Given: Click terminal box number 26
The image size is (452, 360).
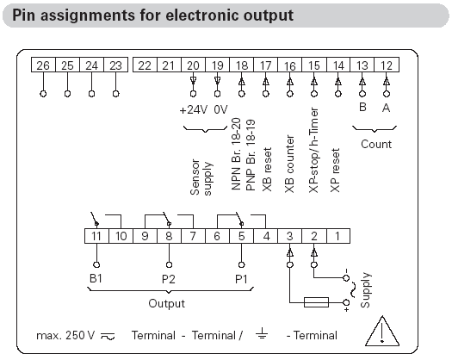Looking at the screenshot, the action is (43, 65).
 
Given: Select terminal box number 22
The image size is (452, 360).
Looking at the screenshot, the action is (145, 65).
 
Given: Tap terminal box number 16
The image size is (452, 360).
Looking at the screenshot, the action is (289, 65).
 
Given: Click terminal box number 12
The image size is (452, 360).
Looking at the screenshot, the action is (387, 65).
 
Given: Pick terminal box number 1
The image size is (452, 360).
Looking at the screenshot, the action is (338, 236).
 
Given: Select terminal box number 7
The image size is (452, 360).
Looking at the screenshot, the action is (193, 236).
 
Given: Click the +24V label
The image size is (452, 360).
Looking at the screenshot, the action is (193, 110).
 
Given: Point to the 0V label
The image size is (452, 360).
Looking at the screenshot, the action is (220, 110).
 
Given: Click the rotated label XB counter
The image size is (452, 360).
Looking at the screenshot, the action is (289, 164).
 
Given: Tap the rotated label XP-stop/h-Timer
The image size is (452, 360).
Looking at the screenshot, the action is (313, 150).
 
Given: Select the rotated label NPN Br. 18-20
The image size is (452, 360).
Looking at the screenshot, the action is (236, 154).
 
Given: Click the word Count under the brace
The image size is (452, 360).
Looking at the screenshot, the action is (376, 144).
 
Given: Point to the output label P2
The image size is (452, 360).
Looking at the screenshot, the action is (169, 279).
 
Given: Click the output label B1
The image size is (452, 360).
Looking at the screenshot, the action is (96, 278).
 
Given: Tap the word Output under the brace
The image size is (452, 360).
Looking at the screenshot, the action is (167, 303).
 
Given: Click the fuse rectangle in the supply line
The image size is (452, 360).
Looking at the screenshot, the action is (316, 302).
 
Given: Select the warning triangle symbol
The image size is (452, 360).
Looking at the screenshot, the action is (382, 331).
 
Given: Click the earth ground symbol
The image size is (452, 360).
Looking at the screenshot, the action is (262, 333).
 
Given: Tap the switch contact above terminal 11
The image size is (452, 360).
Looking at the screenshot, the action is (95, 220).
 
